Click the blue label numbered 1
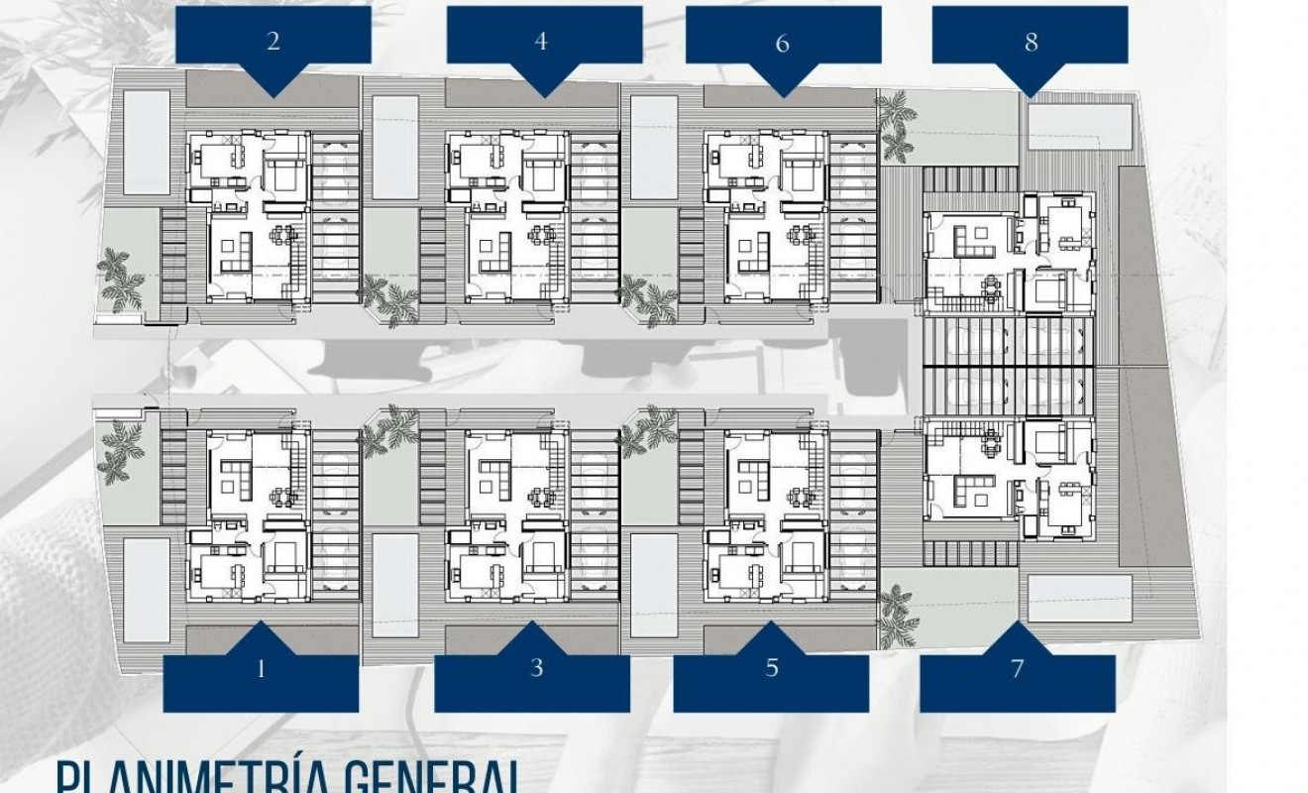click(x=261, y=669)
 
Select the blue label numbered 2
click(x=272, y=41)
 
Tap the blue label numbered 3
click(x=535, y=668)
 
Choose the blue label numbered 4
click(x=540, y=41)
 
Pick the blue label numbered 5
click(x=771, y=668)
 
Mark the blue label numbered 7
click(x=1017, y=668)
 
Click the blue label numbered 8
click(x=1031, y=43)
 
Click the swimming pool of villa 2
click(x=145, y=142)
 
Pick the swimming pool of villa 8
click(x=1078, y=123)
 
